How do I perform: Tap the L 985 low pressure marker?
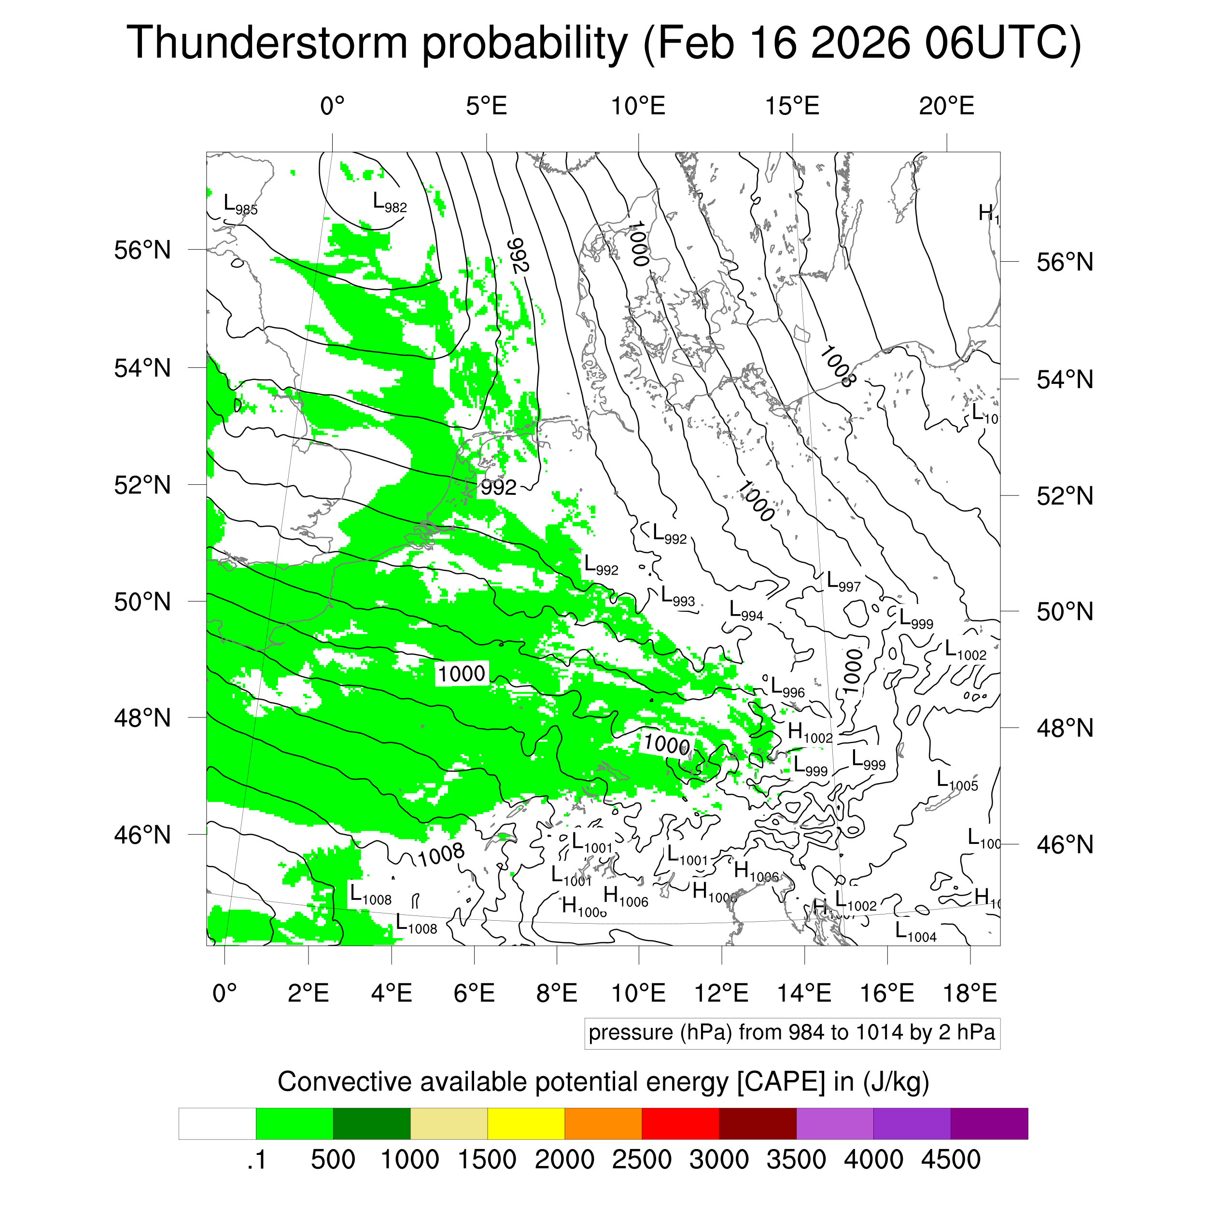240,205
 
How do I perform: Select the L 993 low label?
677,597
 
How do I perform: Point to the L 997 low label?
843,582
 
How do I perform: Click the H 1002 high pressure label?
810,733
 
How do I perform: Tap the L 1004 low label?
915,933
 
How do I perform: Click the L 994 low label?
746,611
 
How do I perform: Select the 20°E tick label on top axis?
946,106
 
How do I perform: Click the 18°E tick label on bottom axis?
969,993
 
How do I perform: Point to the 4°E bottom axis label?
391,993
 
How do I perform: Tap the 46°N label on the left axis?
142,835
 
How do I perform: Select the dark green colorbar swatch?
371,1124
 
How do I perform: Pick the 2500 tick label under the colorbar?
641,1160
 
